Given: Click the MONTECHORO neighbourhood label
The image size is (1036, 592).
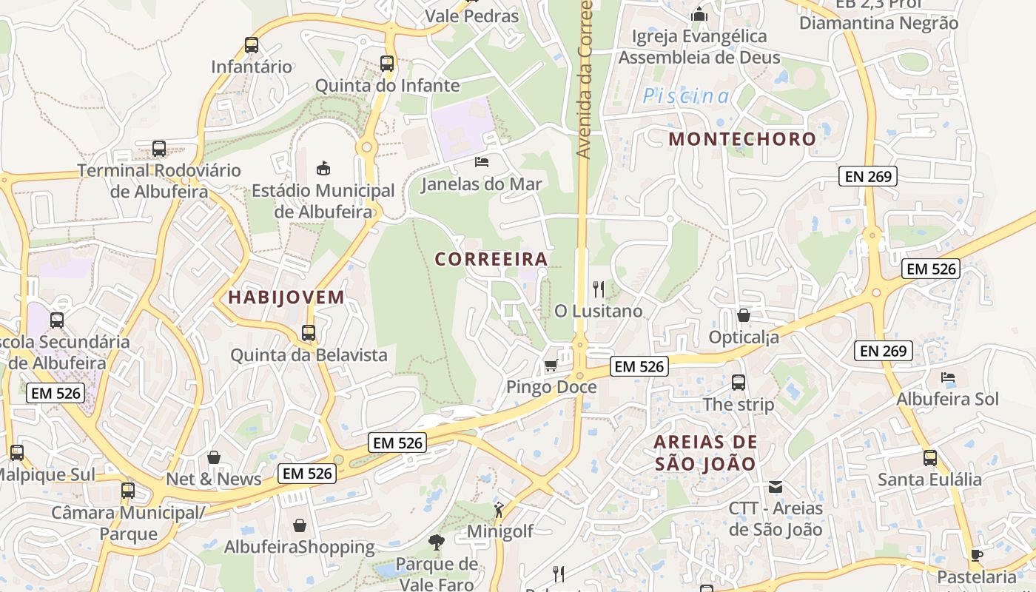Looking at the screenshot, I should pyautogui.click(x=742, y=139).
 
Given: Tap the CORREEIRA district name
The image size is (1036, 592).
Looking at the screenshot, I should pyautogui.click(x=491, y=260).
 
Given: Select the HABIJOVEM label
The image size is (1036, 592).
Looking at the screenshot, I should pyautogui.click(x=286, y=298).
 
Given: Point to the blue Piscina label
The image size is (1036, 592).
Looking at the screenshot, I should pyautogui.click(x=685, y=96).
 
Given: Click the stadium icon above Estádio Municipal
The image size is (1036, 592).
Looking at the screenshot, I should pyautogui.click(x=323, y=168).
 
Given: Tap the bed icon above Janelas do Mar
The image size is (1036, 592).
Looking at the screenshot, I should pyautogui.click(x=482, y=161).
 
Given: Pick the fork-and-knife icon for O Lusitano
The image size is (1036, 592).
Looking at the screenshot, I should pyautogui.click(x=599, y=289).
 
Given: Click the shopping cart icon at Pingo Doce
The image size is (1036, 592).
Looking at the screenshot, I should pyautogui.click(x=551, y=365).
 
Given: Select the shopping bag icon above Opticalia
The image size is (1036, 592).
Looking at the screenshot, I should pyautogui.click(x=744, y=315).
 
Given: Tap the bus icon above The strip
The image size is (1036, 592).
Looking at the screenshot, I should pyautogui.click(x=739, y=383).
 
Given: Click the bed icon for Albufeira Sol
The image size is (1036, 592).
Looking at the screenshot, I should pyautogui.click(x=948, y=377).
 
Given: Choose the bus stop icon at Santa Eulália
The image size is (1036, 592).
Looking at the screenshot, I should pyautogui.click(x=929, y=458).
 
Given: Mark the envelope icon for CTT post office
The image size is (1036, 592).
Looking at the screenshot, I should pyautogui.click(x=776, y=487).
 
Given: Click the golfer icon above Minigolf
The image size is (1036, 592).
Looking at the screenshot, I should pyautogui.click(x=499, y=509).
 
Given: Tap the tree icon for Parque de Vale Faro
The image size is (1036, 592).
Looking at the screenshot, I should pyautogui.click(x=437, y=542).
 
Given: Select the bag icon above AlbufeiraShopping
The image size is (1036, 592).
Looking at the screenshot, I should pyautogui.click(x=300, y=525).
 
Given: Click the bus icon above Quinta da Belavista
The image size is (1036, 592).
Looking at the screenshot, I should pyautogui.click(x=309, y=333).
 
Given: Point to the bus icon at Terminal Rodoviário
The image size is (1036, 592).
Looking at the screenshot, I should pyautogui.click(x=159, y=148).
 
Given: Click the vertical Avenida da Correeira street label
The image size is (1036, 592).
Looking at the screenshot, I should pyautogui.click(x=585, y=78).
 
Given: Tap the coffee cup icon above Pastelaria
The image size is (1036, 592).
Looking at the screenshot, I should pyautogui.click(x=977, y=555).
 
